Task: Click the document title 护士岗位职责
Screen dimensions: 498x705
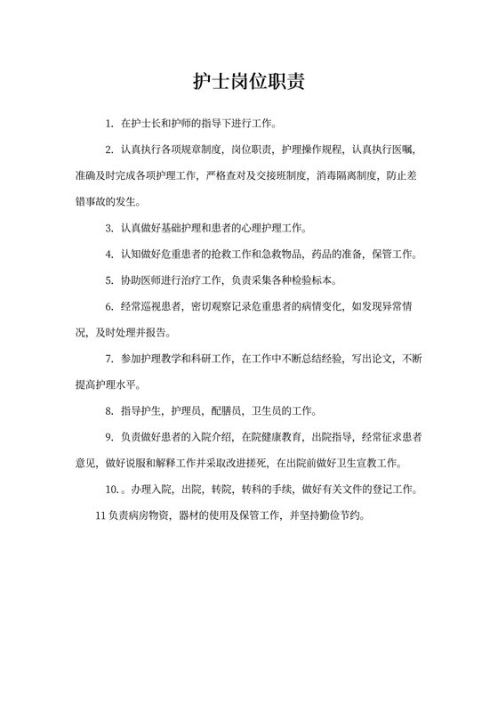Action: pos(249,81)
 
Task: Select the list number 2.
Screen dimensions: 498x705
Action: pos(108,149)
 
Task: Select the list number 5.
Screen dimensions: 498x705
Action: pos(108,280)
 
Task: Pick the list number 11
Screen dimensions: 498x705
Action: pos(99,515)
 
